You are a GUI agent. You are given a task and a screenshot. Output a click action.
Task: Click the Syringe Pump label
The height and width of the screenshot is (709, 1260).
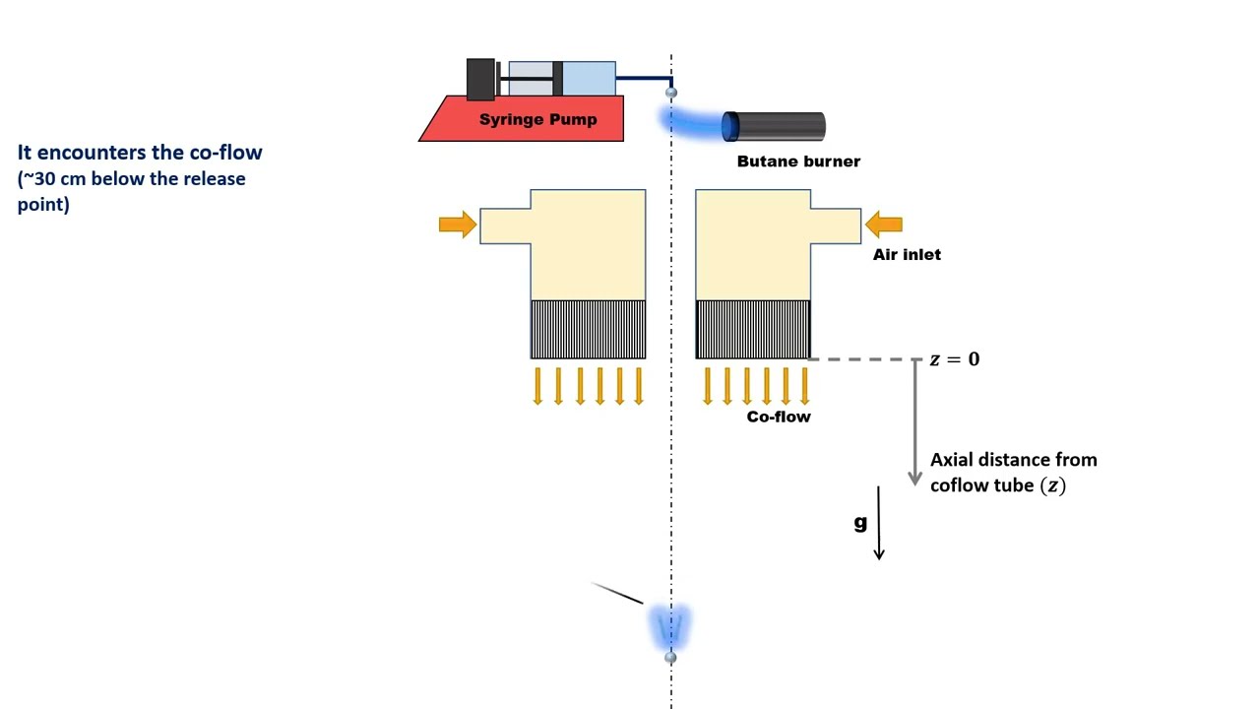click(537, 120)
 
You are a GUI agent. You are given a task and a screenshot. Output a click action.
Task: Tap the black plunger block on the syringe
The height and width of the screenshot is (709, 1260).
click(480, 80)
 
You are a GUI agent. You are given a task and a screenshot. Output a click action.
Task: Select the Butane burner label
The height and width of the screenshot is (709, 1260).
click(798, 161)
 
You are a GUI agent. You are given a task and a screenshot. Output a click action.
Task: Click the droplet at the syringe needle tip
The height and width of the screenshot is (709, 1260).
click(671, 93)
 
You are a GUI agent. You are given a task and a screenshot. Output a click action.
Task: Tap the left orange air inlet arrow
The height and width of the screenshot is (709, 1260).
click(457, 225)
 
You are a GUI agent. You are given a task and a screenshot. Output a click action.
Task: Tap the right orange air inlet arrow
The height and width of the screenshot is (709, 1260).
click(884, 226)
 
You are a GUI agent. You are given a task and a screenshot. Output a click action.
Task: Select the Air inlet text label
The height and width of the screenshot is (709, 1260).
click(907, 254)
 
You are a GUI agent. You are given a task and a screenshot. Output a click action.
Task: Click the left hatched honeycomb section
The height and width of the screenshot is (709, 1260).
click(588, 329)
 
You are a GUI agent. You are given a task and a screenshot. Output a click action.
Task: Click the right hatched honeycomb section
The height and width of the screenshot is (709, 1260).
click(753, 329)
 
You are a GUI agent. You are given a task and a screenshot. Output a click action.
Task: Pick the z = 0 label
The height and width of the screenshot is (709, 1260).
click(954, 359)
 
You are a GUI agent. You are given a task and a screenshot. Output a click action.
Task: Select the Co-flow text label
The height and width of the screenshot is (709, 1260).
click(778, 417)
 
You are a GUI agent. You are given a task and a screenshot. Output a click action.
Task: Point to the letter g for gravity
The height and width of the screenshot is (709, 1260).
click(860, 523)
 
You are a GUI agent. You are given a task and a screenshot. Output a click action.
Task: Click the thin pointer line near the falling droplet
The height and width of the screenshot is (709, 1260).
click(617, 593)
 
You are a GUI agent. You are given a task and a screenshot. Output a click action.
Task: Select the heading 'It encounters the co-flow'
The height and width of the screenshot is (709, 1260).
click(140, 153)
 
